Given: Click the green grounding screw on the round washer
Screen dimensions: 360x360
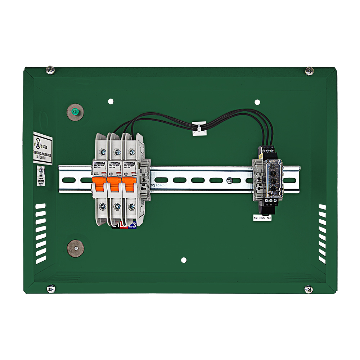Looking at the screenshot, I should click(x=75, y=112).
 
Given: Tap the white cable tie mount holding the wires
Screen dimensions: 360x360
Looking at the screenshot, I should click(x=199, y=129).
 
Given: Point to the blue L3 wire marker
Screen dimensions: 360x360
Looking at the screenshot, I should click(x=134, y=225).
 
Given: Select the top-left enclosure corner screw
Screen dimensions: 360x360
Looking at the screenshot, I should click(x=51, y=69).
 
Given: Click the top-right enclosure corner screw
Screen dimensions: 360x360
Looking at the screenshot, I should click(x=309, y=71).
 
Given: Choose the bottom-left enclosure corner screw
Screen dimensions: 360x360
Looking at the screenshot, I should click(x=51, y=288).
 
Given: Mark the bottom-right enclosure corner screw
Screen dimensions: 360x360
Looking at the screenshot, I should click(x=309, y=289).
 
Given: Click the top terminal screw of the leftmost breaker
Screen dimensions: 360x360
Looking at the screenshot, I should click(x=103, y=152).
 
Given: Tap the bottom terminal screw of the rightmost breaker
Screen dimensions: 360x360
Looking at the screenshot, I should click(x=132, y=207).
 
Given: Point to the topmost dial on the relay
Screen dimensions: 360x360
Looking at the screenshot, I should click(x=273, y=167).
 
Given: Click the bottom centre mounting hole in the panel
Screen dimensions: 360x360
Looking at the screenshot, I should click(x=184, y=260).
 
